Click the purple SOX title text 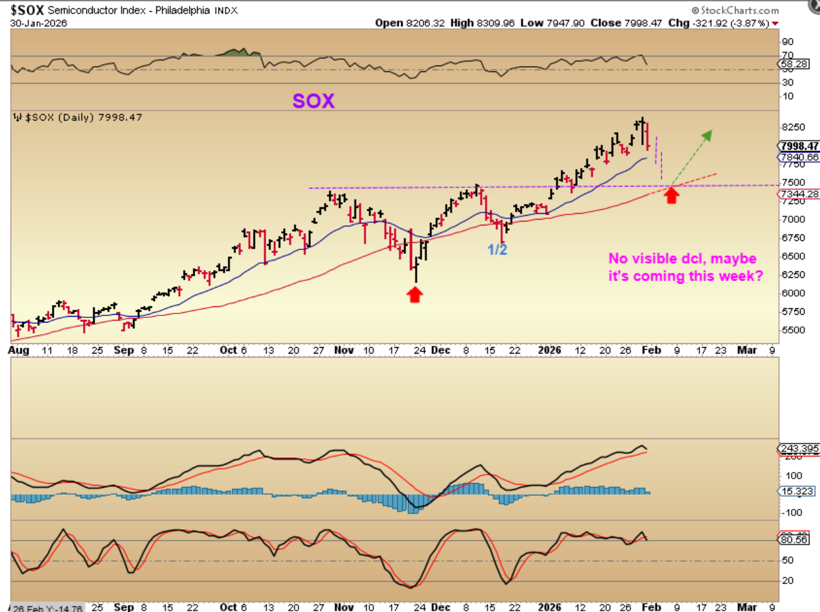[x=313, y=100]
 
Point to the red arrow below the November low [x=415, y=295]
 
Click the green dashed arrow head [x=707, y=135]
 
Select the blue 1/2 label [x=497, y=249]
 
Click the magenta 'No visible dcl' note [x=685, y=267]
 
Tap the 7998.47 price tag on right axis [x=800, y=146]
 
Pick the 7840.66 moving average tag [x=800, y=157]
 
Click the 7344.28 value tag [x=800, y=194]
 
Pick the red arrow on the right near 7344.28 [x=672, y=194]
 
